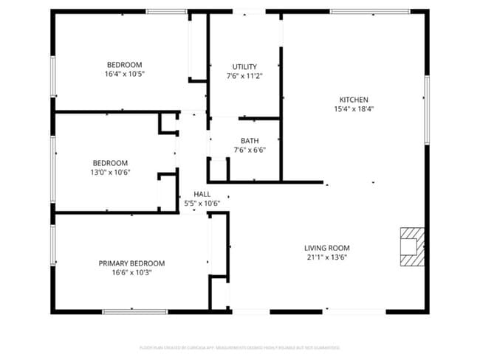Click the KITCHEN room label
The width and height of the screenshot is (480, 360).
click(x=353, y=100)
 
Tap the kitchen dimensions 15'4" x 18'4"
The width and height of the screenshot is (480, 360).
click(x=353, y=109)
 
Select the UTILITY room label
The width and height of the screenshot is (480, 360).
click(x=244, y=67)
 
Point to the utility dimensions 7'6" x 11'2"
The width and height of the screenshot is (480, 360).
click(x=244, y=77)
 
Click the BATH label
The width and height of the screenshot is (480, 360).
click(x=250, y=141)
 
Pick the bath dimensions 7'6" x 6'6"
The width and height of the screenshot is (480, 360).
click(x=250, y=150)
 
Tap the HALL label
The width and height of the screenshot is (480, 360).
click(x=202, y=194)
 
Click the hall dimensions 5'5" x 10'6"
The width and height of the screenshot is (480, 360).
click(x=202, y=204)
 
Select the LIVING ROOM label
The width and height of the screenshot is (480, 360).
click(x=327, y=248)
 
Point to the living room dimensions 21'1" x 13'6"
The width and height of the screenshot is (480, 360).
click(x=327, y=257)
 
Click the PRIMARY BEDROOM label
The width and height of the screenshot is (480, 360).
click(x=131, y=263)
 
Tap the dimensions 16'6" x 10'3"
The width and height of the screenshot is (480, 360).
click(x=131, y=272)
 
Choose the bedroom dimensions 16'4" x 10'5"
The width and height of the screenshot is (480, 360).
click(x=124, y=75)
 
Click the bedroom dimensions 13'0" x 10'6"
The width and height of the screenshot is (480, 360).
click(x=110, y=173)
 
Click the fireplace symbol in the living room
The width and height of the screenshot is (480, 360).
click(x=411, y=246)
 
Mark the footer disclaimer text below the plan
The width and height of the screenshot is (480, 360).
click(x=240, y=347)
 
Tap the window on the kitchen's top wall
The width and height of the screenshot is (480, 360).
click(x=360, y=11)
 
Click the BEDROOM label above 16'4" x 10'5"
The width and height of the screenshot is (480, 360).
click(x=124, y=65)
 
